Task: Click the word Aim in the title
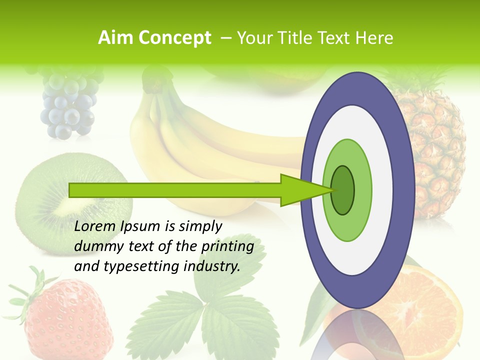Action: tap(115, 38)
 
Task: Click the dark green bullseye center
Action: tap(342, 190)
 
